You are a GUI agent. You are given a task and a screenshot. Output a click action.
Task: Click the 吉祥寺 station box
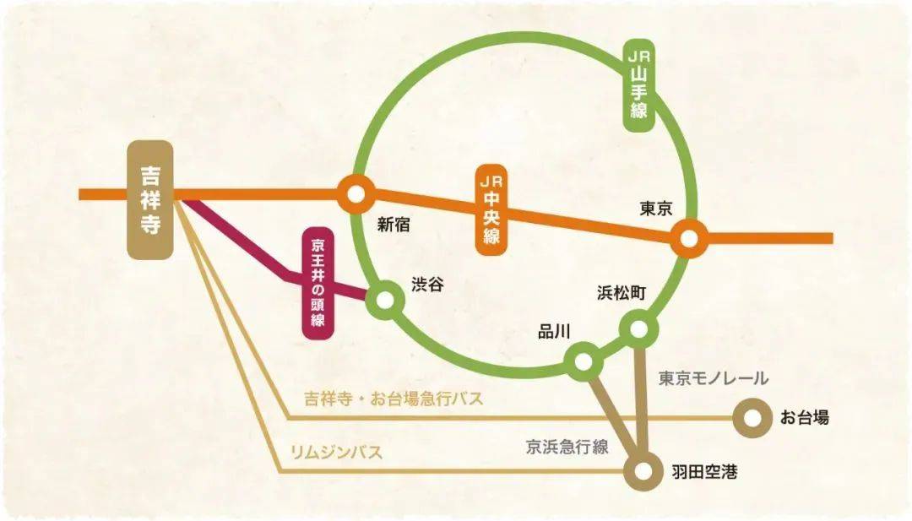pos(150,200)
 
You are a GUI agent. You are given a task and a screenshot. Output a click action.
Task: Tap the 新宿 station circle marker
pos(356,195)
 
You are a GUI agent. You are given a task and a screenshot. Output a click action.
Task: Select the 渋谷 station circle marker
pos(386,298)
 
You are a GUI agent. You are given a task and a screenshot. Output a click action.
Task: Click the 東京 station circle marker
pos(689,239)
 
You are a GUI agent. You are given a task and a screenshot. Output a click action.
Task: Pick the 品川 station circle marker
pos(582,361)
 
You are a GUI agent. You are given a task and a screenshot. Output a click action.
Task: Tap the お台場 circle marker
pos(750,417)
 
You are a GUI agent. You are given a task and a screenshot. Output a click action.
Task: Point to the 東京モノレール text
pos(714,378)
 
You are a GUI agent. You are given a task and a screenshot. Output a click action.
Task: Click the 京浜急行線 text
pos(567,448)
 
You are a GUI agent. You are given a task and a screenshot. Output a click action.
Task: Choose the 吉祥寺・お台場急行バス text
pos(394,399)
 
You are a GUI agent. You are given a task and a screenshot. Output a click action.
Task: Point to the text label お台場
pos(804,417)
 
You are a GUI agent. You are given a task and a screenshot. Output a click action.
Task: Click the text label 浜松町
pos(622,294)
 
